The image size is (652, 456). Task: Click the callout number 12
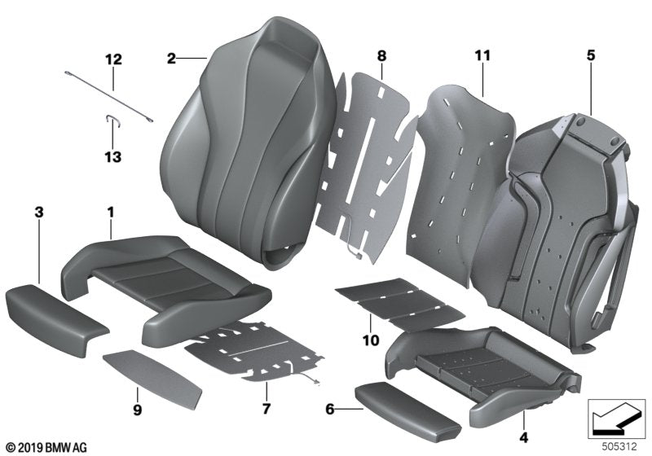tap(112, 59)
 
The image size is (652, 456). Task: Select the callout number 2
tap(171, 58)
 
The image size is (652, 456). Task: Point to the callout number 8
tap(381, 56)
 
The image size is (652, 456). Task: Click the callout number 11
tap(483, 56)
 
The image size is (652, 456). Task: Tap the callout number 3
tap(38, 213)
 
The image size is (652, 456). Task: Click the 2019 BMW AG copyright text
tap(46, 447)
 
